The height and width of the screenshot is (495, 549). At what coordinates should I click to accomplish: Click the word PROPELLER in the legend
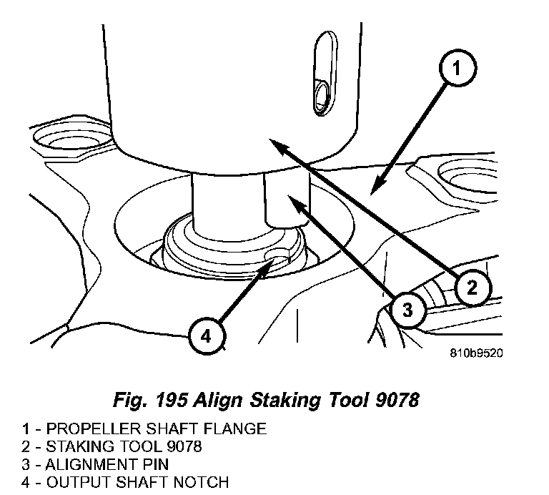point(83,429)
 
